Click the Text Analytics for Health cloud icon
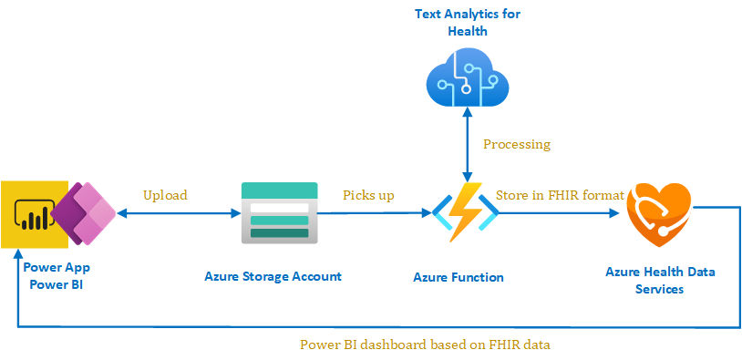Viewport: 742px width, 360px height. click(x=467, y=77)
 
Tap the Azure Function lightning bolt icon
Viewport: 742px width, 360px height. click(x=466, y=212)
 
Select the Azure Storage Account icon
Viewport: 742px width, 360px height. click(x=279, y=213)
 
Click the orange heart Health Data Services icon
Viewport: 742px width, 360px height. click(x=659, y=214)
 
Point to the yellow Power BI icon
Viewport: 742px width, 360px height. click(x=35, y=214)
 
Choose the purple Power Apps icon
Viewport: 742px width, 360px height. click(x=84, y=214)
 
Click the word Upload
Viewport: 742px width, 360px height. click(x=165, y=195)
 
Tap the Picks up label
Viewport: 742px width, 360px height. click(x=368, y=195)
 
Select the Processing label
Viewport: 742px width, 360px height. click(x=517, y=144)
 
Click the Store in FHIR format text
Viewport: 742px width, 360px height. click(x=560, y=195)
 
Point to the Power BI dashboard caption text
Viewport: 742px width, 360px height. click(x=425, y=345)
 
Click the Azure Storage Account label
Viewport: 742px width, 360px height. click(x=273, y=276)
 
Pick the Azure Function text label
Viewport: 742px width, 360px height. click(x=459, y=277)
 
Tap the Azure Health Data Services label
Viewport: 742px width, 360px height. click(x=660, y=280)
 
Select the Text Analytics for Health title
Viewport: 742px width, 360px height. click(x=468, y=22)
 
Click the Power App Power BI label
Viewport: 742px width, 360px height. click(x=57, y=276)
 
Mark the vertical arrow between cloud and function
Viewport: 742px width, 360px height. click(x=468, y=145)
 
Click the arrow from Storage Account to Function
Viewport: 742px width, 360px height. click(x=375, y=213)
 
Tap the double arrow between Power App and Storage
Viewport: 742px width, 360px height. click(x=179, y=214)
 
